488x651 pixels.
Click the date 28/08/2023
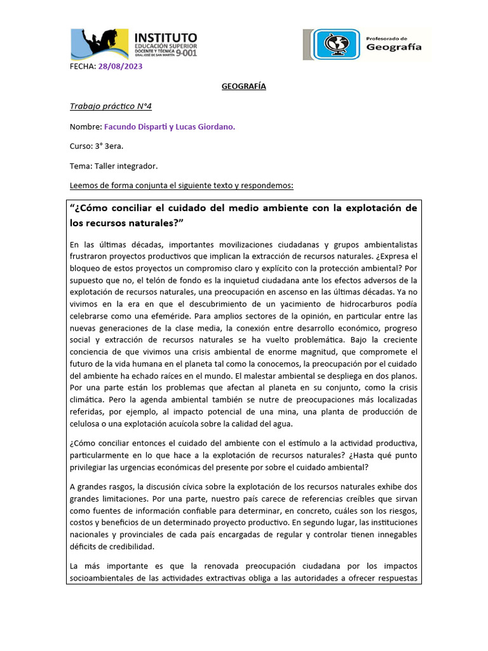click(x=120, y=66)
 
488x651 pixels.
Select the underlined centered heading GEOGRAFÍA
click(x=243, y=86)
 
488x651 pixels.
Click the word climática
click(x=89, y=401)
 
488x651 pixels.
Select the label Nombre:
click(x=86, y=127)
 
